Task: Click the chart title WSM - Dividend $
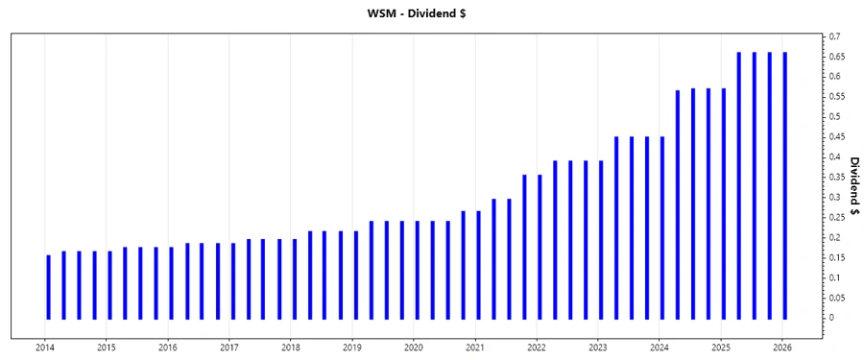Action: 431,13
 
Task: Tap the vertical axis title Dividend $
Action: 853,185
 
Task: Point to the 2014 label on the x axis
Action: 44,348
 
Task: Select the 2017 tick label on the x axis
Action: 228,348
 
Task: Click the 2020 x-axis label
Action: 413,348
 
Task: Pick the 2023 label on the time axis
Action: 597,348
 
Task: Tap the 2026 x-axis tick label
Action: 782,348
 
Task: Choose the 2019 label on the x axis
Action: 351,348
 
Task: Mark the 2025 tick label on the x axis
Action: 720,348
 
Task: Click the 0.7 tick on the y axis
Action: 837,36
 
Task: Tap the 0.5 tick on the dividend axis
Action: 837,117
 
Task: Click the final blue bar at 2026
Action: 785,185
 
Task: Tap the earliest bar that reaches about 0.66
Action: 739,185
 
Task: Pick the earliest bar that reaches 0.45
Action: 616,228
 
